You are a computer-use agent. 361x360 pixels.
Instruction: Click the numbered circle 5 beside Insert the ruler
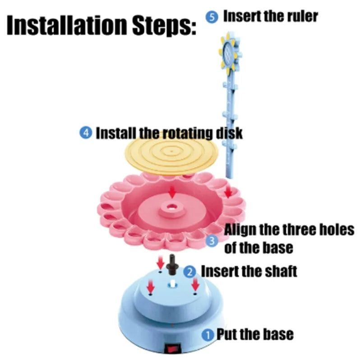pyautogui.click(x=212, y=18)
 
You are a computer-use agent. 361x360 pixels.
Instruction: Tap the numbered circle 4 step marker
pyautogui.click(x=86, y=133)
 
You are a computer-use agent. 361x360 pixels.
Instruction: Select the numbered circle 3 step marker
pyautogui.click(x=212, y=241)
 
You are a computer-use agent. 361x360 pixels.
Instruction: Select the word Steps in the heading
pyautogui.click(x=164, y=25)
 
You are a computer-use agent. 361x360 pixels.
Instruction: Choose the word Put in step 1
pyautogui.click(x=227, y=334)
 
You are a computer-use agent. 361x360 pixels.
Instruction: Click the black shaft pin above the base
pyautogui.click(x=172, y=265)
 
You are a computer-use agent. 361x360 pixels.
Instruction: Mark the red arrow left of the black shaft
pyautogui.click(x=160, y=263)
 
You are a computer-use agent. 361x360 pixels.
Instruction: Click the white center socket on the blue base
pyautogui.click(x=172, y=283)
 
